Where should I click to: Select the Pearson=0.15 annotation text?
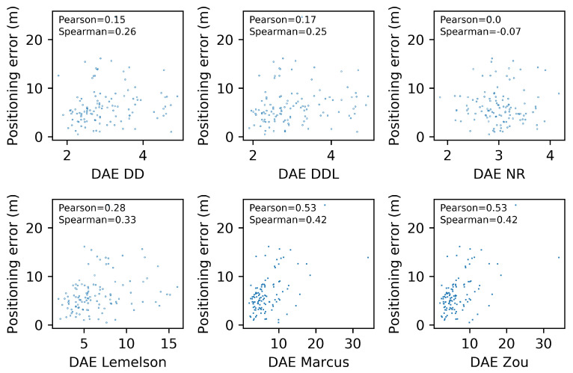(87, 19)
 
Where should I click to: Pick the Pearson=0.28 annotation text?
(87, 208)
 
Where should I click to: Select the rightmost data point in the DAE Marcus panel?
(368, 258)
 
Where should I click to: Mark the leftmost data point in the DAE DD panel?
(58, 75)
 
